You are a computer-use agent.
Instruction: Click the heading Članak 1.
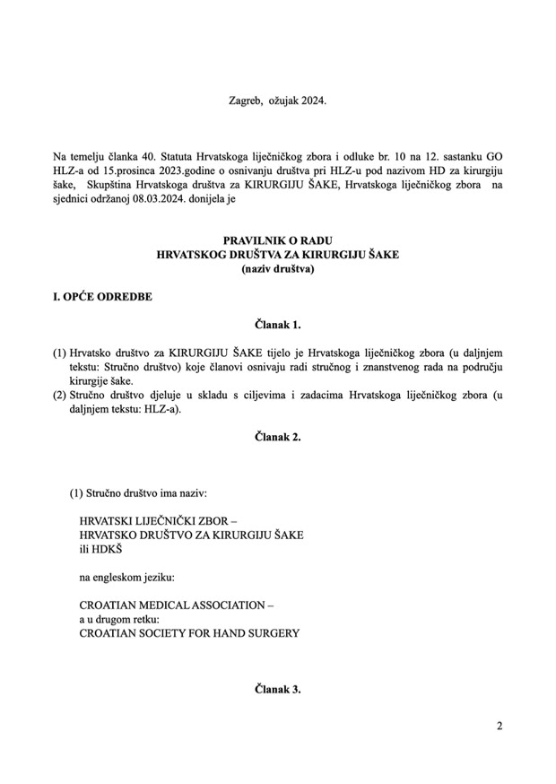click(277, 325)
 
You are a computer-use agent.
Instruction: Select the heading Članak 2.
click(277, 437)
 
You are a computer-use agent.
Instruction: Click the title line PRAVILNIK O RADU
click(277, 241)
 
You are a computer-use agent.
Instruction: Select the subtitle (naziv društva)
click(277, 269)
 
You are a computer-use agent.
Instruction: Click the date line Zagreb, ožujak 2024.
click(277, 100)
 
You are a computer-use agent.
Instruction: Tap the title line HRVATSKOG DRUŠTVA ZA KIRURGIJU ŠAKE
click(277, 256)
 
